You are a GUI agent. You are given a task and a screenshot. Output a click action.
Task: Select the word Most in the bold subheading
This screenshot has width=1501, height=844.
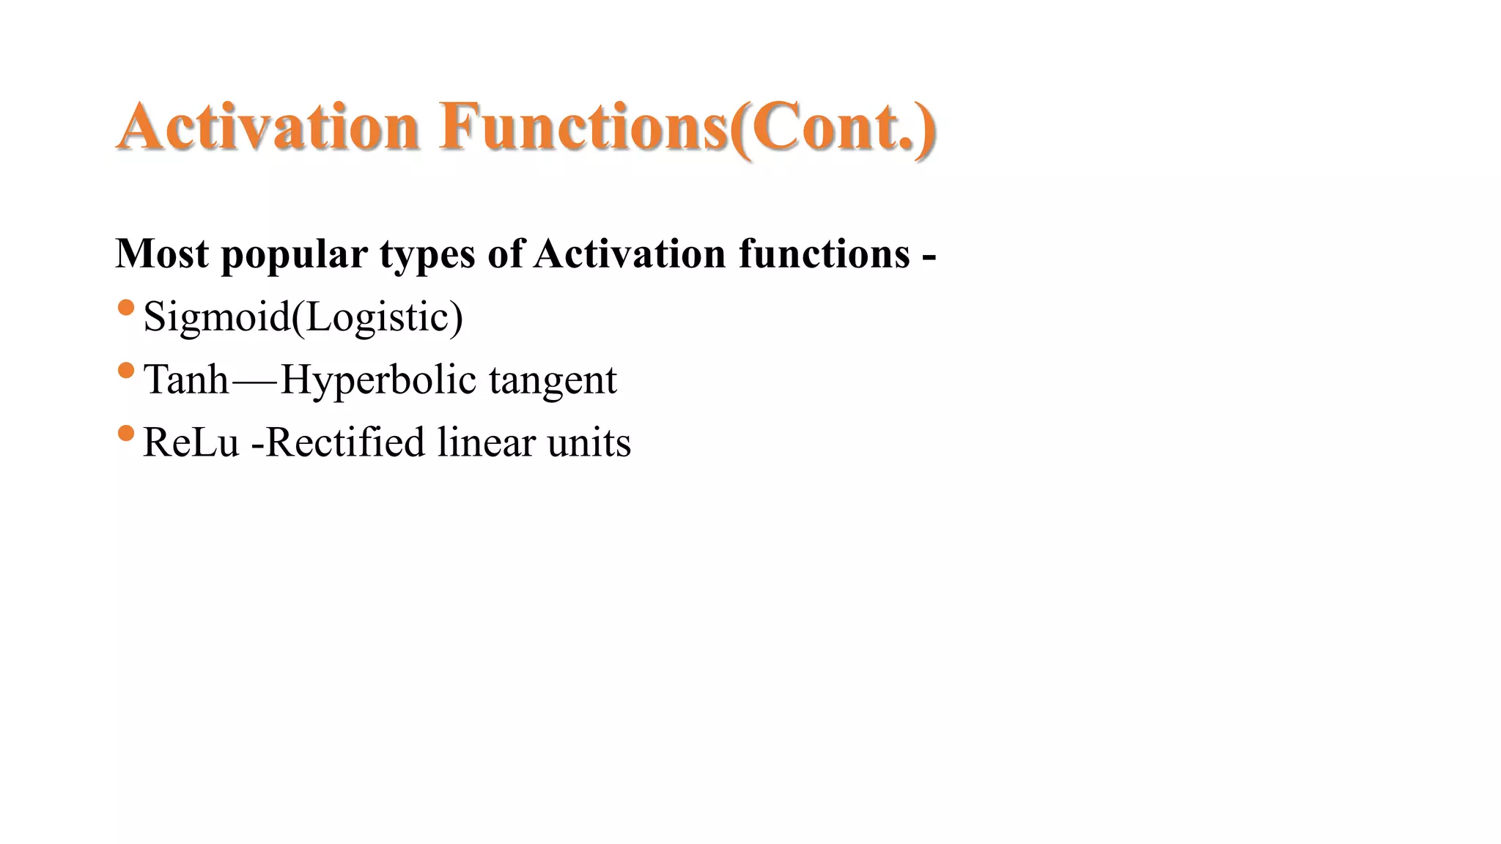coord(162,254)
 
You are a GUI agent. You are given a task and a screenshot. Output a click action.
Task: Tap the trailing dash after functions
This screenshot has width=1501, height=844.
coord(929,257)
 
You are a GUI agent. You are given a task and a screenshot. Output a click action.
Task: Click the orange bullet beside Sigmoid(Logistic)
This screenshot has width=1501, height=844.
coord(126,308)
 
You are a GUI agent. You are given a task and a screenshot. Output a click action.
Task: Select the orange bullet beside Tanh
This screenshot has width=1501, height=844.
coord(126,371)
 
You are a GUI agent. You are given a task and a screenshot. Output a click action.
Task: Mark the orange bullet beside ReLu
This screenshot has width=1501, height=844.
coord(126,434)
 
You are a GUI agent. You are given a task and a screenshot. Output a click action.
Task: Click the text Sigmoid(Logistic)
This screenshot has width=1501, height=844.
coord(303,317)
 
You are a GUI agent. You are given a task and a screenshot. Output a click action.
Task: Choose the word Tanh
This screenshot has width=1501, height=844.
coord(186,380)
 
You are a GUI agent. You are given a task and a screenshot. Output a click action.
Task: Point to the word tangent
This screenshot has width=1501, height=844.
coord(553,381)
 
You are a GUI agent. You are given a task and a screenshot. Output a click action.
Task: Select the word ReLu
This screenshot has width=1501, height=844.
coord(191,443)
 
